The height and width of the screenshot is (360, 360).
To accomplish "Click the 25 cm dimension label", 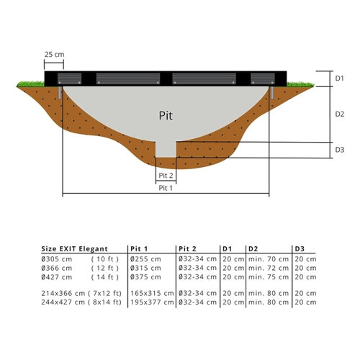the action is click(x=55, y=55).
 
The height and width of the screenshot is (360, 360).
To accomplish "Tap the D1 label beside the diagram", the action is click(x=339, y=78).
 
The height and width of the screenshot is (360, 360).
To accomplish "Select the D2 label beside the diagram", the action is click(x=340, y=114).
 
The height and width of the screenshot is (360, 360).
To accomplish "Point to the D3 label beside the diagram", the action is click(x=340, y=150).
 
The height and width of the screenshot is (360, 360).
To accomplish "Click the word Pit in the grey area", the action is click(x=166, y=115).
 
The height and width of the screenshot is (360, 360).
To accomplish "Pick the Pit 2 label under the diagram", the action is click(x=166, y=176).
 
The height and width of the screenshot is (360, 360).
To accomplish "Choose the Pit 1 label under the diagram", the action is click(x=166, y=188).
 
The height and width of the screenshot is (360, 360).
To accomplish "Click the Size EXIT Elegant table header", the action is click(x=74, y=249).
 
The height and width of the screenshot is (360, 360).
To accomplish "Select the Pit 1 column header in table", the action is click(x=139, y=249).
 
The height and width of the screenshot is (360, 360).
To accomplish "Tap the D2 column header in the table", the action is click(x=253, y=249).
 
